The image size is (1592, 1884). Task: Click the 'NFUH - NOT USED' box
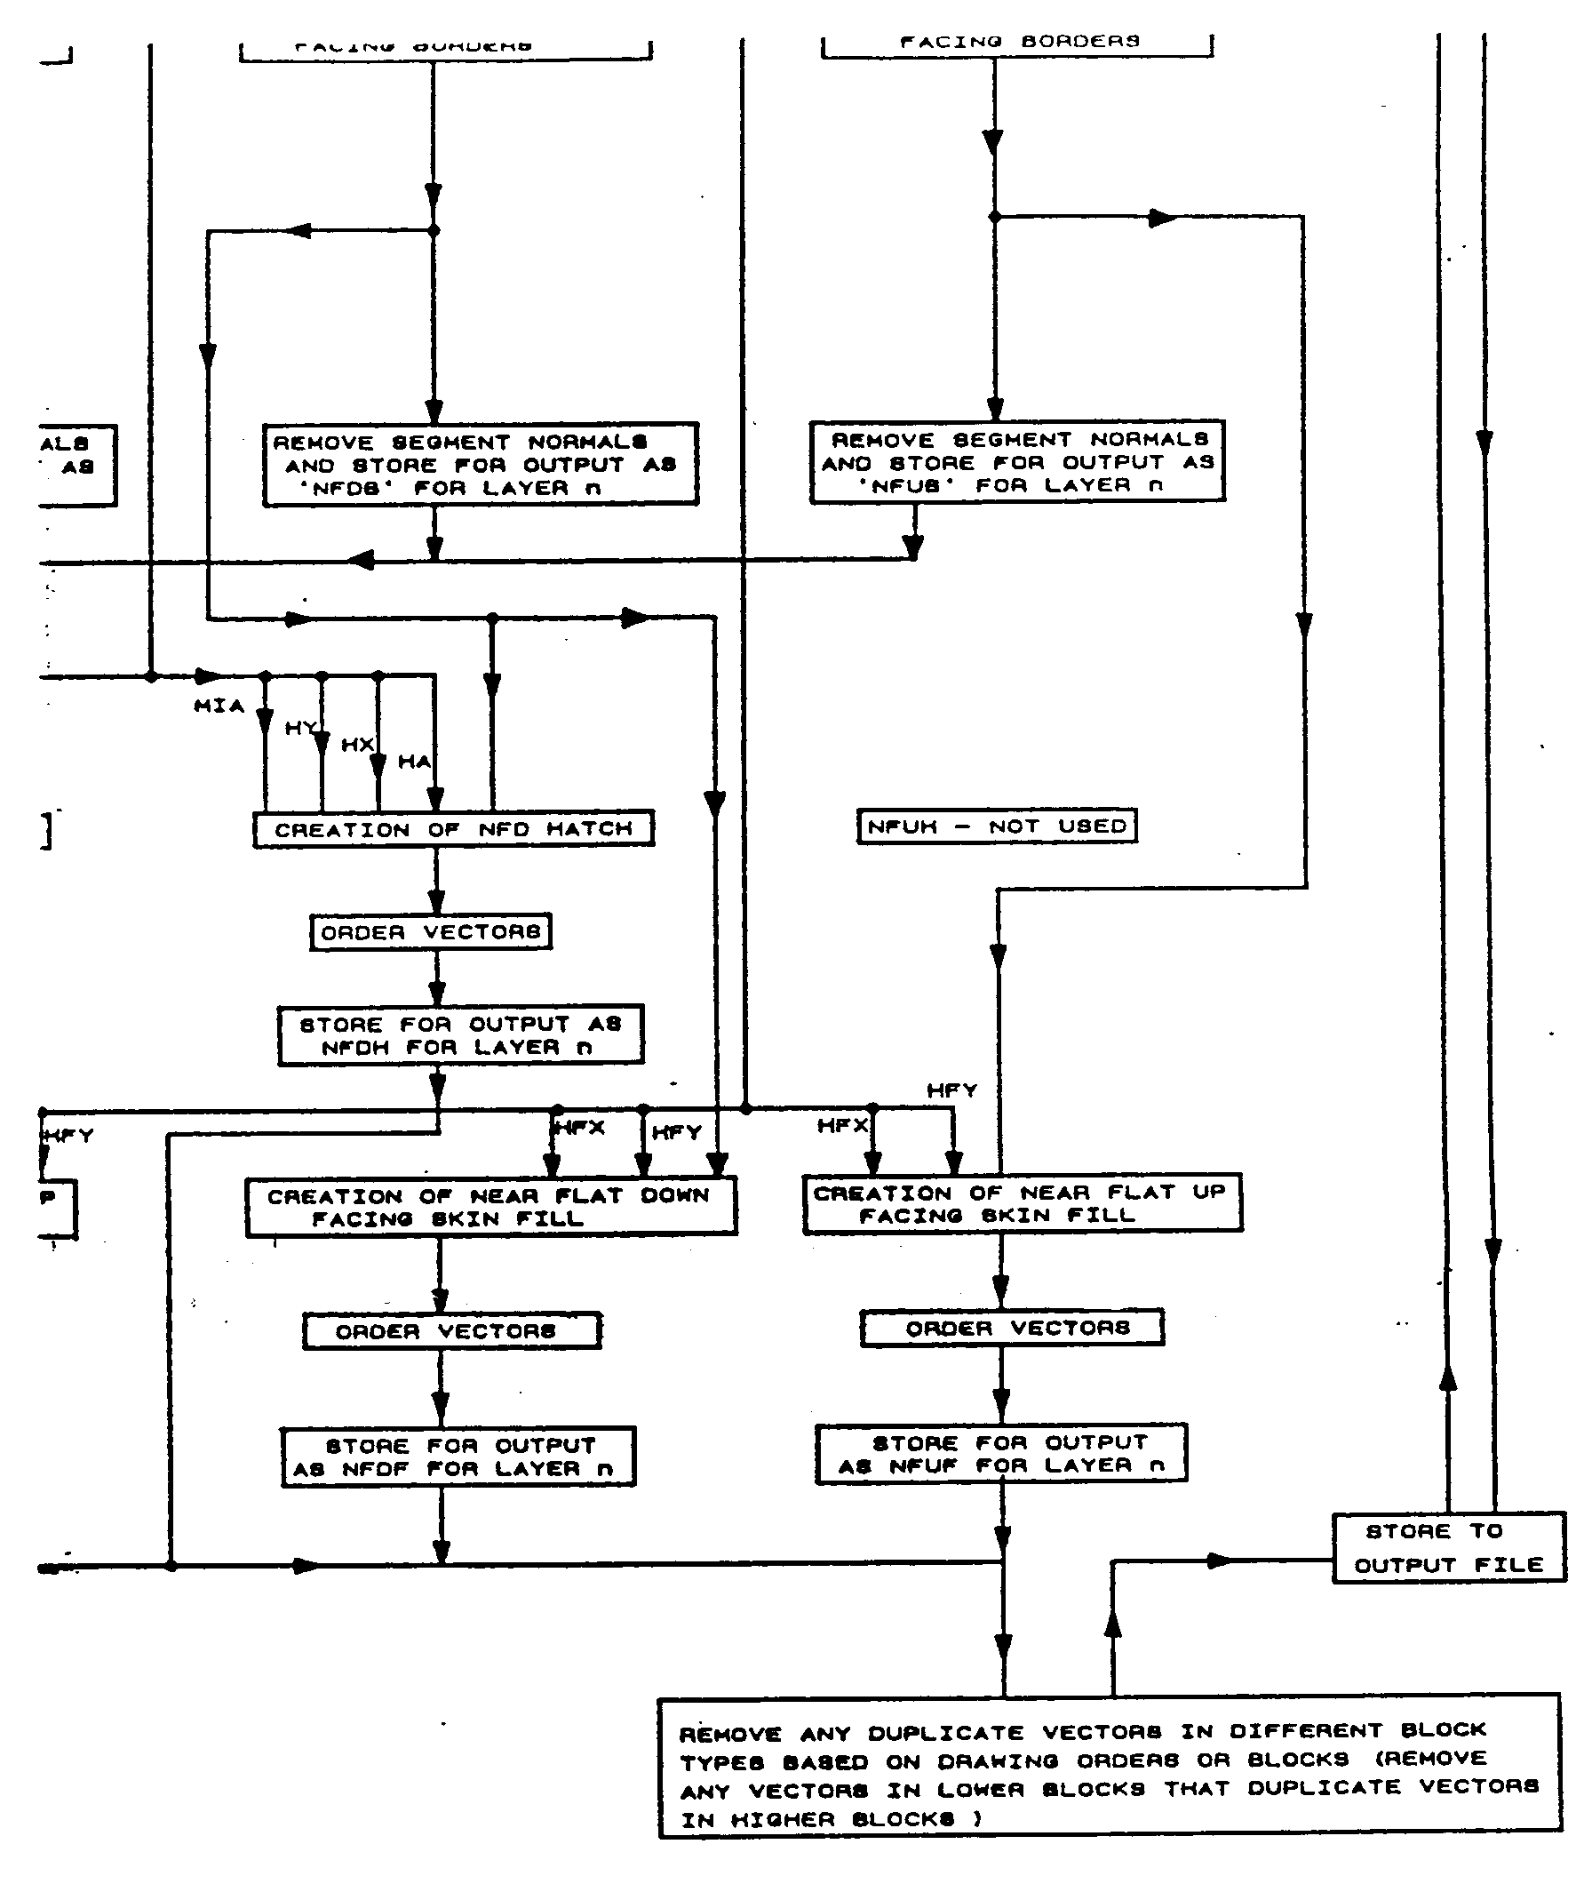click(997, 826)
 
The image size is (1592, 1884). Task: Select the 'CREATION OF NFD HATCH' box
click(453, 829)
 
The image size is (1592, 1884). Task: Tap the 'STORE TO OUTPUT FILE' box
click(1448, 1547)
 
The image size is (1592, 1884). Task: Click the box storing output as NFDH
click(460, 1035)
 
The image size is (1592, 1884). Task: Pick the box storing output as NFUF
click(1001, 1453)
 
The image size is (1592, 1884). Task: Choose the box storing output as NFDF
click(458, 1457)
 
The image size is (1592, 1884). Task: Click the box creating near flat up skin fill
click(1022, 1203)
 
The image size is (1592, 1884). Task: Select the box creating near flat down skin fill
click(491, 1207)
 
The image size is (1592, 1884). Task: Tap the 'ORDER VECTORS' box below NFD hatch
click(431, 931)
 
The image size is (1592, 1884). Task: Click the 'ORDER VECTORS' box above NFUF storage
click(1012, 1328)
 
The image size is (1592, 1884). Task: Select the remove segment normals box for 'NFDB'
click(480, 464)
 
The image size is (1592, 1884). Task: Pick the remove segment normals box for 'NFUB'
click(1017, 461)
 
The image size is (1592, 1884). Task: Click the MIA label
click(219, 706)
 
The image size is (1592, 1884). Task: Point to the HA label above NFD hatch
click(414, 761)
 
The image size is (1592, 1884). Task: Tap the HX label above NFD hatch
click(357, 745)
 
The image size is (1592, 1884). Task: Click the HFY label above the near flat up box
click(952, 1090)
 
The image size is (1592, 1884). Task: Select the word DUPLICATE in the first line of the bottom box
click(947, 1733)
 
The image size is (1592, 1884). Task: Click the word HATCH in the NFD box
click(589, 829)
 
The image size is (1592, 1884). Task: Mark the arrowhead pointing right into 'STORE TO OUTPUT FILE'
click(1221, 1561)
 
